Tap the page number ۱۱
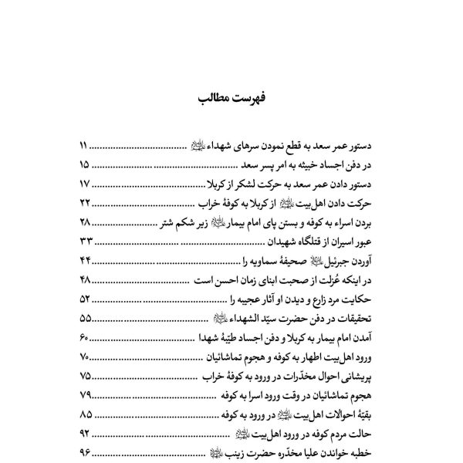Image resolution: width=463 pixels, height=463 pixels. (85, 144)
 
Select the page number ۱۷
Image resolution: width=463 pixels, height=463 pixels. (85, 184)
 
